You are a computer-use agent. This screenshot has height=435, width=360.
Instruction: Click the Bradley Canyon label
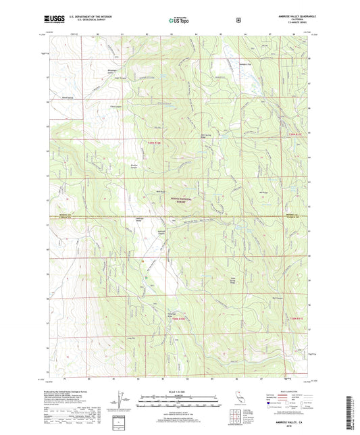134,166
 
